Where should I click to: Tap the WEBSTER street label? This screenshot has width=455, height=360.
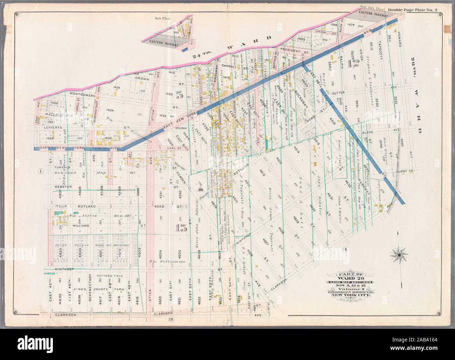63,186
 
